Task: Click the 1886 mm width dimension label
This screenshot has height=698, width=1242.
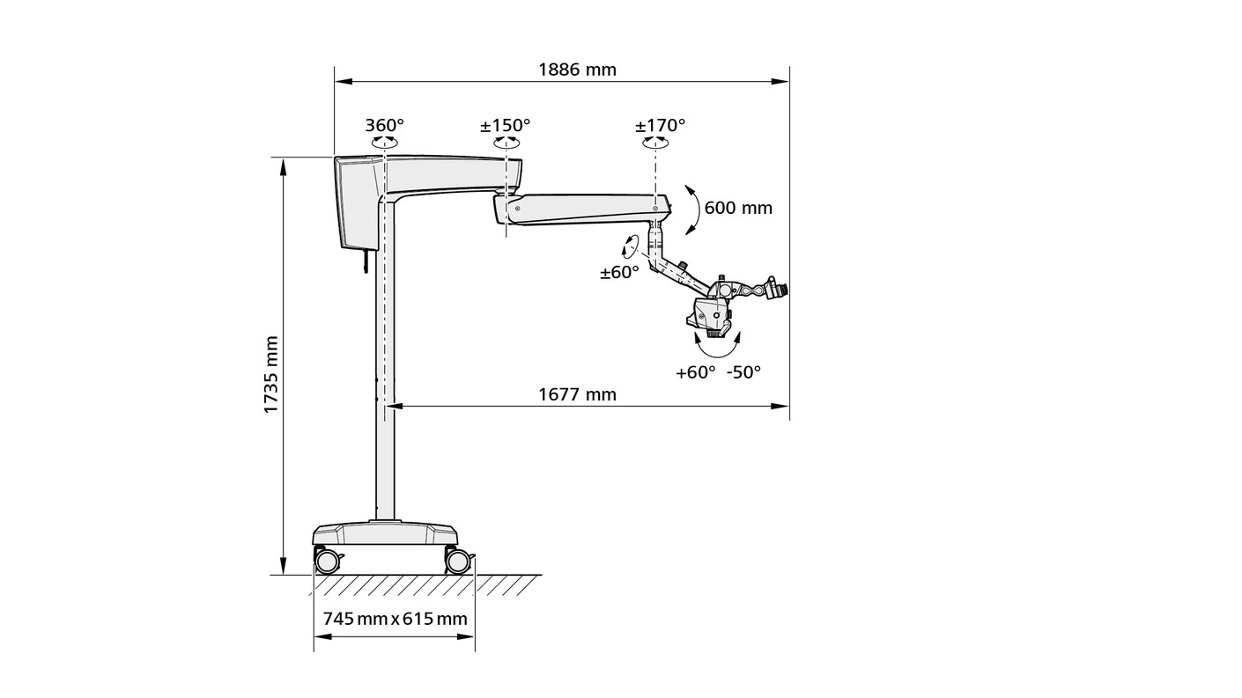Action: [577, 70]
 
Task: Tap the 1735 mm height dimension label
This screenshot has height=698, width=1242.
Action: [270, 374]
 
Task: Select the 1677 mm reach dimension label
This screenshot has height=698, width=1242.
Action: [577, 394]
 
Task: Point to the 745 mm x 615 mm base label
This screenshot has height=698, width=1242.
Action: [395, 618]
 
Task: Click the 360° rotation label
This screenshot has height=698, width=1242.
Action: [384, 125]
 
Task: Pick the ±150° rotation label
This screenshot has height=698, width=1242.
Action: [505, 125]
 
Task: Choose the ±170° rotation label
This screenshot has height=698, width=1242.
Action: [660, 125]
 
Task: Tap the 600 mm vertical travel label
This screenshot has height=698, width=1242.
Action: [738, 208]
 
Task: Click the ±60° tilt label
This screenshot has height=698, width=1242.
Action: [619, 272]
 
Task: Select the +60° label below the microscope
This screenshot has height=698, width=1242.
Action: [695, 372]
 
